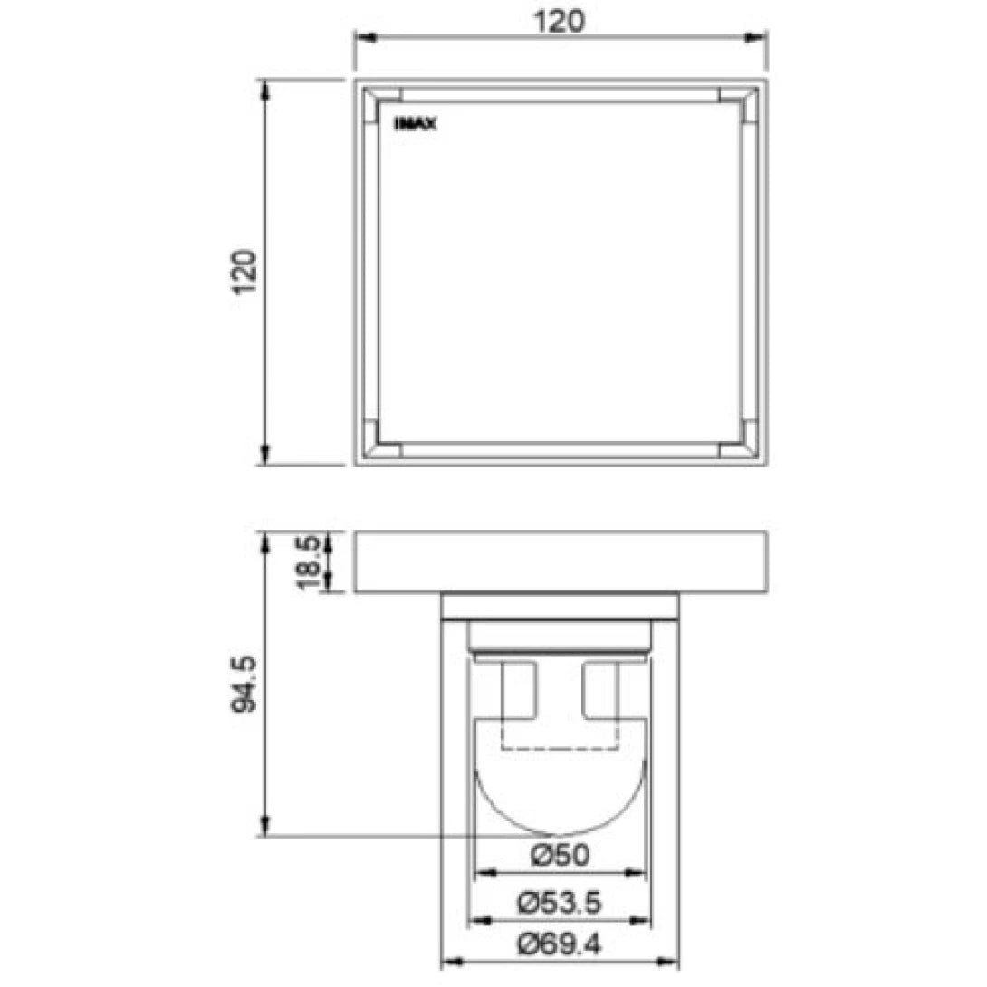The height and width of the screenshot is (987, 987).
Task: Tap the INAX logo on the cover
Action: tap(416, 126)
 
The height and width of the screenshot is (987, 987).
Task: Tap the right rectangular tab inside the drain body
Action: tap(601, 695)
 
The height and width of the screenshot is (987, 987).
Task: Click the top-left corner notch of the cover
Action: tap(386, 104)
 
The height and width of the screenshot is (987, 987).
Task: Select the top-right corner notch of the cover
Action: tap(734, 104)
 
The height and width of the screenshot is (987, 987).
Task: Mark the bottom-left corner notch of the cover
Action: tap(386, 439)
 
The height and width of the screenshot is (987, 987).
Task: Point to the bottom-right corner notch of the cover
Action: tap(734, 439)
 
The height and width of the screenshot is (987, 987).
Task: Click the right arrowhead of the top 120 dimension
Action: tap(760, 38)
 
